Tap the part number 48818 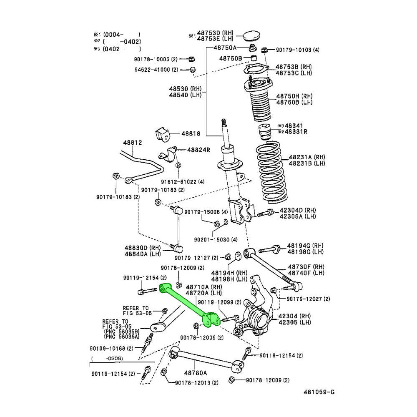tap(191, 134)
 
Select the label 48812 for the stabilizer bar tap(132, 143)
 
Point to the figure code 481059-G tap(319, 392)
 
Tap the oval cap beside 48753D tap(251, 35)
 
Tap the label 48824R tap(198, 149)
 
